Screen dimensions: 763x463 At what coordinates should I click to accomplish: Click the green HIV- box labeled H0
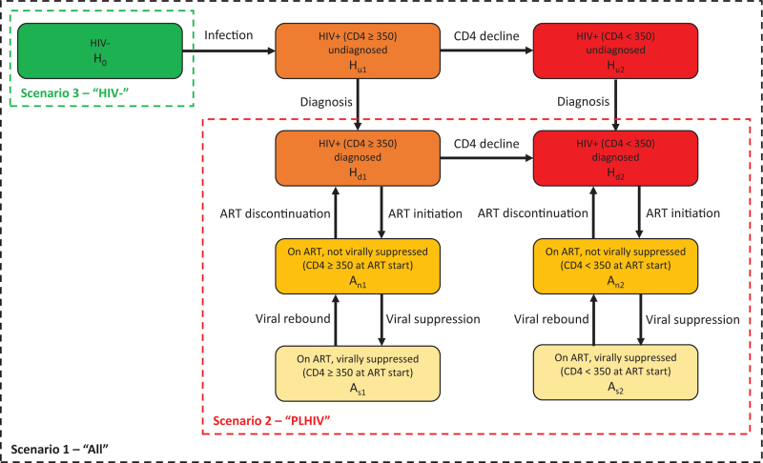pos(100,51)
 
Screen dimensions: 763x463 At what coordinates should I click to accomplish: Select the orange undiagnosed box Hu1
pos(358,51)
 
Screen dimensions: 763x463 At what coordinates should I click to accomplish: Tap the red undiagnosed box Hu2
pos(615,51)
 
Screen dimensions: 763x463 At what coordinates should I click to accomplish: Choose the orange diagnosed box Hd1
pos(358,158)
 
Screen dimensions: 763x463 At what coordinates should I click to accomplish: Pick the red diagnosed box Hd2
pos(615,158)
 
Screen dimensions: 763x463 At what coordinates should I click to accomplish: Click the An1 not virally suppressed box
pos(358,266)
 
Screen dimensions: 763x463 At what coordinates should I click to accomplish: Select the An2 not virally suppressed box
pos(615,266)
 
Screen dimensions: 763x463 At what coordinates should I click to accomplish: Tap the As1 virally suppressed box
pos(358,373)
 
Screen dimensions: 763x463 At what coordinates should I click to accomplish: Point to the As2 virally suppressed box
pos(615,372)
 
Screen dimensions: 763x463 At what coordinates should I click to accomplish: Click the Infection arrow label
pos(228,35)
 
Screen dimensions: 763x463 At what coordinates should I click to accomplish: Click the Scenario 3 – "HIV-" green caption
pos(74,92)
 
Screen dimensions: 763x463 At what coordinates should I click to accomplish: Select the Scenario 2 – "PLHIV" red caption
pos(272,420)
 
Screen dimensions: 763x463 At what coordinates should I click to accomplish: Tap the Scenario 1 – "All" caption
pos(59,449)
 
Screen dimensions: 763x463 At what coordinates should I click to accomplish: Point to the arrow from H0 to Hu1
pos(229,50)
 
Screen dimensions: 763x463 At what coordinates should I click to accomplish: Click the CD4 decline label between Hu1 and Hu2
pos(486,36)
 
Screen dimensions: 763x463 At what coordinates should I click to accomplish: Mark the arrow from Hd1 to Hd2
pos(486,158)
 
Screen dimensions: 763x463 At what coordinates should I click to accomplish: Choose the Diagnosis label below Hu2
pos(583,102)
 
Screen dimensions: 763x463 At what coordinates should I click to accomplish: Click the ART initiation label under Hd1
pos(424,213)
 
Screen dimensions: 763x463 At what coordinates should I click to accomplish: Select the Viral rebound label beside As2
pos(551,319)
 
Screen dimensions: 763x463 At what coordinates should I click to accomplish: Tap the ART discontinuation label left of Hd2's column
pos(533,213)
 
